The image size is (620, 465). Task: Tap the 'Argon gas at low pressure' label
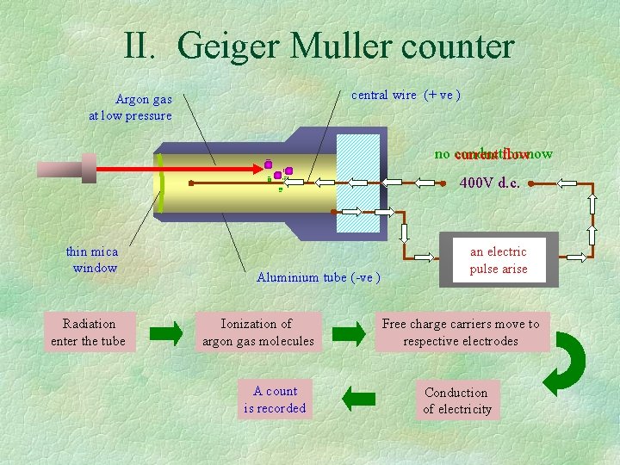(131, 108)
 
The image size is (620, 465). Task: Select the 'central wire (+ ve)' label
(406, 95)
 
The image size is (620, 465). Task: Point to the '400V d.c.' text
(489, 183)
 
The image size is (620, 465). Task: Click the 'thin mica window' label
(92, 259)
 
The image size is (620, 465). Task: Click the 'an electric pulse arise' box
(499, 260)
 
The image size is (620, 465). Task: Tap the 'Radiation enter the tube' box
(89, 332)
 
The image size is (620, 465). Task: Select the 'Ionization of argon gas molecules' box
(257, 332)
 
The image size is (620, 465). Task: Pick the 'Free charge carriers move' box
(462, 332)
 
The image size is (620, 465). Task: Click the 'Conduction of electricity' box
(457, 400)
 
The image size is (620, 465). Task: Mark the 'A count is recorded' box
(275, 400)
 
